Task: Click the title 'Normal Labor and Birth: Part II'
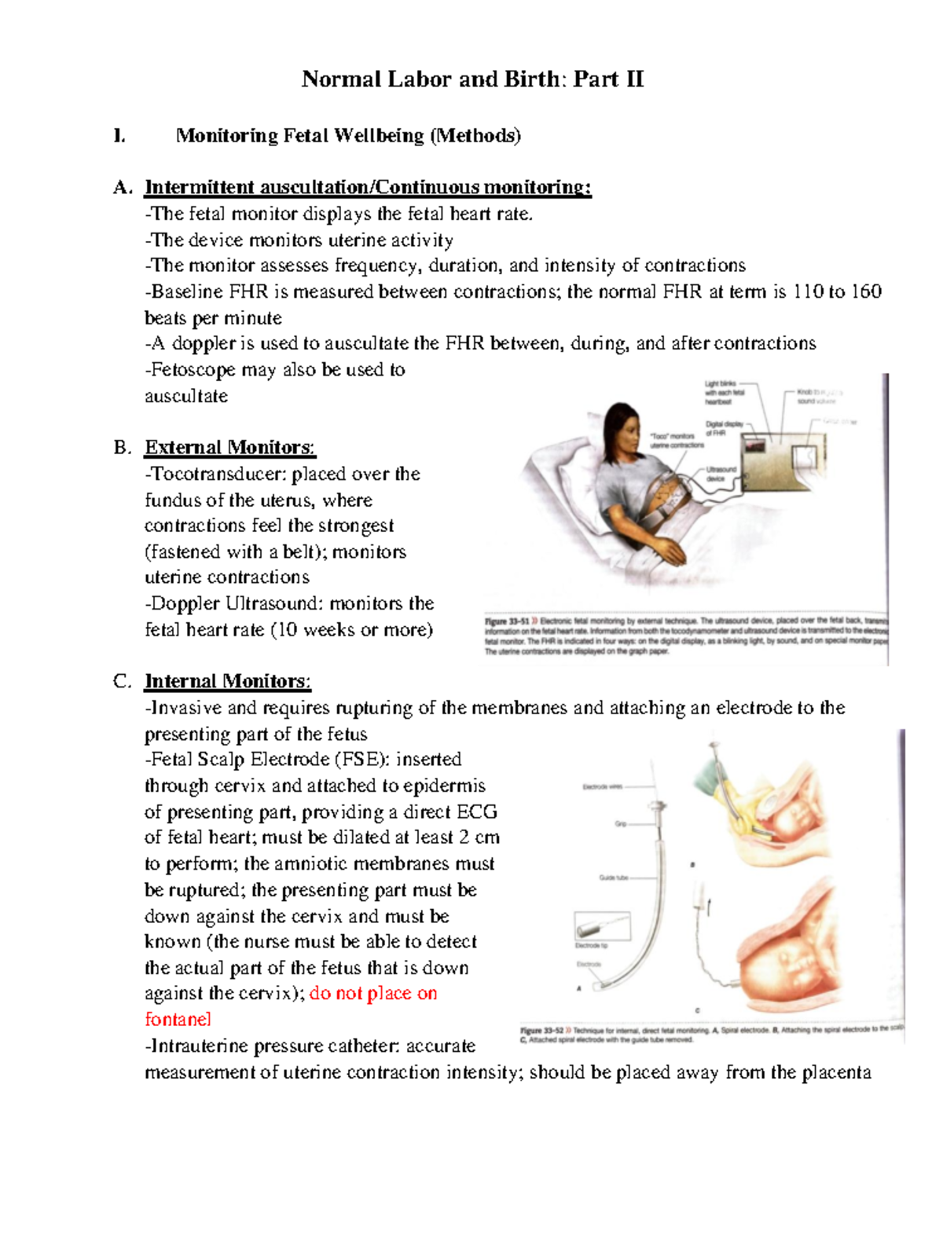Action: point(472,79)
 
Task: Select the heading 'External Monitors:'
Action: point(229,448)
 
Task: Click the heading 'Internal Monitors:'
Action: point(227,681)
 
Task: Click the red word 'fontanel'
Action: point(178,1020)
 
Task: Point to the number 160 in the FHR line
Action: point(866,292)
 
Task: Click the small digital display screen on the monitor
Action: point(756,446)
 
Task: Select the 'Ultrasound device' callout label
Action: point(721,474)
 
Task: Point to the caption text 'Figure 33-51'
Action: point(508,621)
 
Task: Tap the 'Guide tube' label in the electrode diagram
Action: point(613,878)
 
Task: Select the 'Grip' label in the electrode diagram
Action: point(621,824)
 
